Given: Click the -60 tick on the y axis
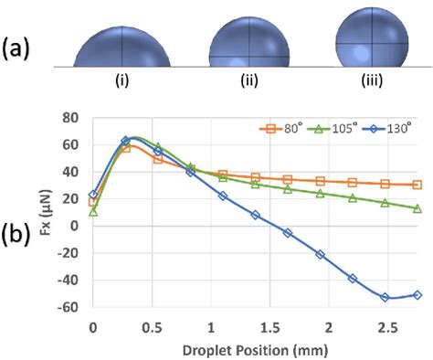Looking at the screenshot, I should point(69,308).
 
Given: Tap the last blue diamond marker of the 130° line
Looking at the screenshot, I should point(417,295).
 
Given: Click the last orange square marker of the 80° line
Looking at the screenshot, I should point(417,185).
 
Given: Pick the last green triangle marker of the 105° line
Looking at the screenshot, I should point(417,208).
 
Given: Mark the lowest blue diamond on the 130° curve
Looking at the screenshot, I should point(385,297).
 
